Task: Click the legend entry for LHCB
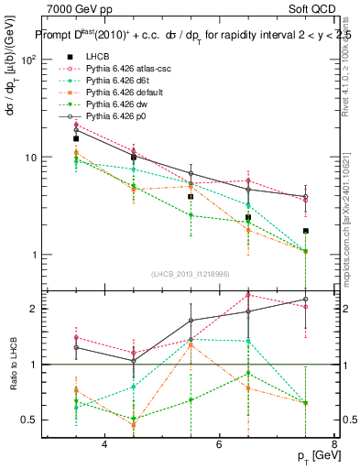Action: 97,57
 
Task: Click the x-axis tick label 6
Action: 219,444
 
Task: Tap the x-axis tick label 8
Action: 333,444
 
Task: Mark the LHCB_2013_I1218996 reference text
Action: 191,274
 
